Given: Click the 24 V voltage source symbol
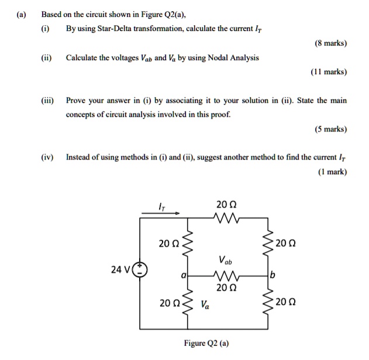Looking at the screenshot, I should (141, 270).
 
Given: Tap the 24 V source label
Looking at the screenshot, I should (122, 269).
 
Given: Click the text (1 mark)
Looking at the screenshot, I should (331, 172).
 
